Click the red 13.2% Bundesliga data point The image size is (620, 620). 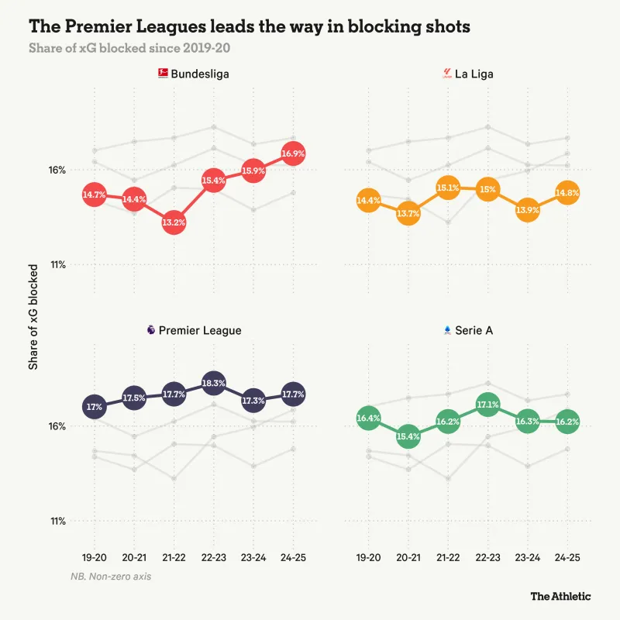tap(174, 222)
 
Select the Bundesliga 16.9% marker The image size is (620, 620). tap(293, 153)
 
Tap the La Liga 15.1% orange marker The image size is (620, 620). tap(448, 188)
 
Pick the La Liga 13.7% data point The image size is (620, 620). tap(408, 213)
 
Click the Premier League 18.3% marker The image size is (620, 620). tap(213, 383)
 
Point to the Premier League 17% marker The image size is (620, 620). tap(95, 406)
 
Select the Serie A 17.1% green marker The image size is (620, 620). tap(487, 405)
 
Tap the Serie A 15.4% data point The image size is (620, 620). tap(408, 436)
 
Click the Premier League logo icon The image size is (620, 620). tap(150, 330)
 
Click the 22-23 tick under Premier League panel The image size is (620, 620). tap(213, 558)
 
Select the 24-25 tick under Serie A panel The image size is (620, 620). tap(567, 558)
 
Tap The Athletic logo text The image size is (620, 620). tap(560, 596)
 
